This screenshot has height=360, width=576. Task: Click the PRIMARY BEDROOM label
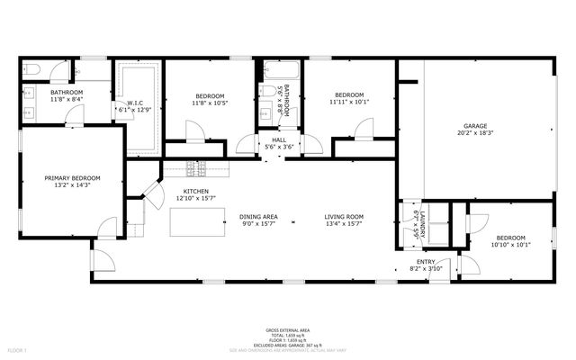tap(72, 178)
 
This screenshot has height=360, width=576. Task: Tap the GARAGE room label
tap(475, 125)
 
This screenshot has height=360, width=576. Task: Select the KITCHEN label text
tap(196, 192)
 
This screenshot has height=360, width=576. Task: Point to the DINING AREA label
tap(258, 216)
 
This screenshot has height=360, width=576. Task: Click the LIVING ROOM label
tap(344, 216)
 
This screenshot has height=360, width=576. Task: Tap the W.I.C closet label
tap(135, 103)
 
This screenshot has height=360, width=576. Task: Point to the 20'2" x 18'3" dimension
tap(475, 133)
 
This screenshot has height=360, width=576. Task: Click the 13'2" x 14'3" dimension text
tap(72, 185)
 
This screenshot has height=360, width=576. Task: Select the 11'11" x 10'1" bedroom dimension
tap(349, 102)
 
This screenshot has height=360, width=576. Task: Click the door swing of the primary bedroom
tap(109, 227)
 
